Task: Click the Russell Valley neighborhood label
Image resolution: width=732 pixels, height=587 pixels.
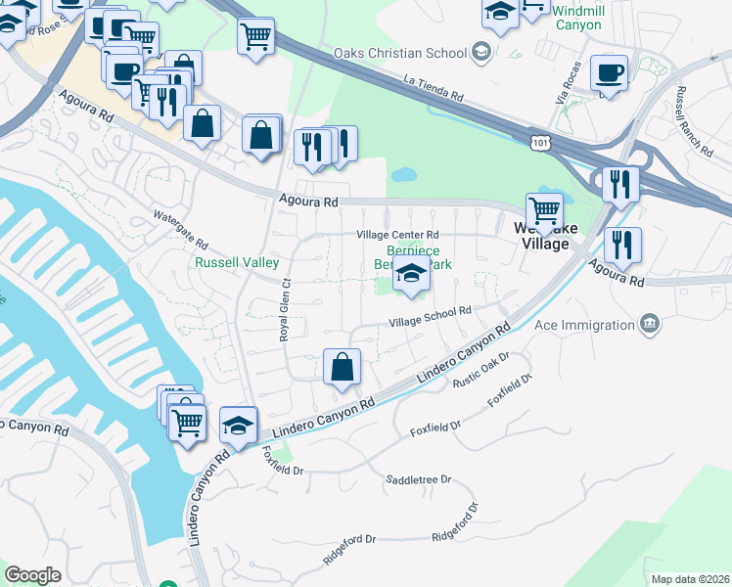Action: (237, 263)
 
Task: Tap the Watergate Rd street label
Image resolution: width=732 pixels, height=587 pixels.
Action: (181, 228)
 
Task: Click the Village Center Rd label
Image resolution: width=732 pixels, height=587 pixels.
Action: (397, 235)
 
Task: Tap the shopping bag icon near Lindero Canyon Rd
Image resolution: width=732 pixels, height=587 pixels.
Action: (342, 368)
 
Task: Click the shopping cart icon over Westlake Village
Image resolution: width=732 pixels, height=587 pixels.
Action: (544, 210)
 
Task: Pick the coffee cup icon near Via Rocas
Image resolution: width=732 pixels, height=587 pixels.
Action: (609, 72)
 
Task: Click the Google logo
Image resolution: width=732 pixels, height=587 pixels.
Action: (32, 575)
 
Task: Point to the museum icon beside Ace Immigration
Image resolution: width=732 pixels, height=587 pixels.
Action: (649, 323)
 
